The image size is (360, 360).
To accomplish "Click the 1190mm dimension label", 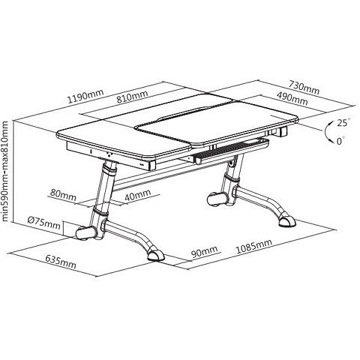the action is click(x=85, y=96).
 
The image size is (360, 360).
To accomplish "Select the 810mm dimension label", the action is click(x=132, y=97).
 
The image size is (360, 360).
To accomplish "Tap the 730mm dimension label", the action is click(x=304, y=87).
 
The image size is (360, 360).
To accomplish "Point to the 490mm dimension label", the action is click(x=292, y=98).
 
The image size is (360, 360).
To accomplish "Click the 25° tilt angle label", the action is click(x=343, y=122).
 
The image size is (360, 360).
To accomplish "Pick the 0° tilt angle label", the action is click(x=340, y=141).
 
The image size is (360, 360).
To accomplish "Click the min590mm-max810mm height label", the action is click(x=5, y=171).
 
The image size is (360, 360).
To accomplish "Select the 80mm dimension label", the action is click(x=63, y=195).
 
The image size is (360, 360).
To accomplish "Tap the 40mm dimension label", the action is click(x=138, y=195).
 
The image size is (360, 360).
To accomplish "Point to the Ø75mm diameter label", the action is click(x=44, y=223).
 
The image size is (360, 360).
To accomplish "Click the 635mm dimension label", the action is click(x=61, y=262).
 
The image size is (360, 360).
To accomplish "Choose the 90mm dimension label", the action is click(x=205, y=251).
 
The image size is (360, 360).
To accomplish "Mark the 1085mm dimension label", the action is click(x=254, y=246).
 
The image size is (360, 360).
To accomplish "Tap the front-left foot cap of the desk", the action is click(x=155, y=256).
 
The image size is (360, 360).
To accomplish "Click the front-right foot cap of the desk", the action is click(x=287, y=221).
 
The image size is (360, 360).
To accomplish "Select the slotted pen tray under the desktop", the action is click(x=231, y=151).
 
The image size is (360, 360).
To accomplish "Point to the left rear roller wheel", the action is click(x=85, y=233).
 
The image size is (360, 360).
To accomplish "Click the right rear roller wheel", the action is click(x=217, y=199).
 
